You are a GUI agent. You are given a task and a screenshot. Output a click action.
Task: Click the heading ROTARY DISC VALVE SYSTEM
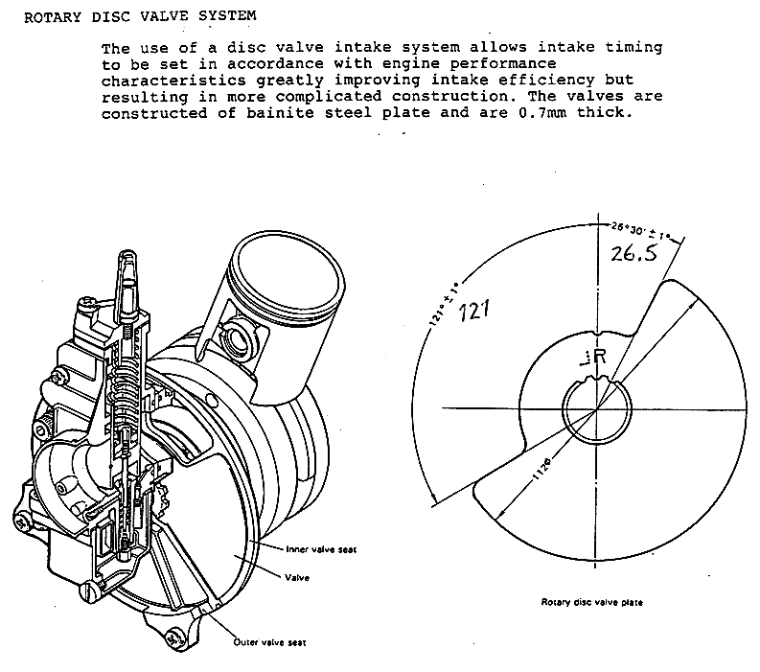pos(140,16)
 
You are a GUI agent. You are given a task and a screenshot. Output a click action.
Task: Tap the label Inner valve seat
pos(321,549)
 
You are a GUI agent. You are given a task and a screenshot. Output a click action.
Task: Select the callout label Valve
pos(297,577)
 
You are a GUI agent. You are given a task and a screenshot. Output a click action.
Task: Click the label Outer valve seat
pos(269,642)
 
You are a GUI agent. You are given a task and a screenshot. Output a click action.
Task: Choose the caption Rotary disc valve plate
pos(592,602)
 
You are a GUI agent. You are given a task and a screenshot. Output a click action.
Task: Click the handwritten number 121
pos(474,311)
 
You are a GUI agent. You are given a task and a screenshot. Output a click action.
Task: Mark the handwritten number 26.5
pos(633,253)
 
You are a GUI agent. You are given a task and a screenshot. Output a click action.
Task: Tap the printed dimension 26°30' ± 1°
pos(641,231)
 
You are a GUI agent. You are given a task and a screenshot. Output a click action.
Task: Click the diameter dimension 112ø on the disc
pos(542,468)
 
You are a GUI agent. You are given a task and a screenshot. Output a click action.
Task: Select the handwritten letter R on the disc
pos(600,357)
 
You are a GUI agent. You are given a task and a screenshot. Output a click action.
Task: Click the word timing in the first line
pos(633,48)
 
